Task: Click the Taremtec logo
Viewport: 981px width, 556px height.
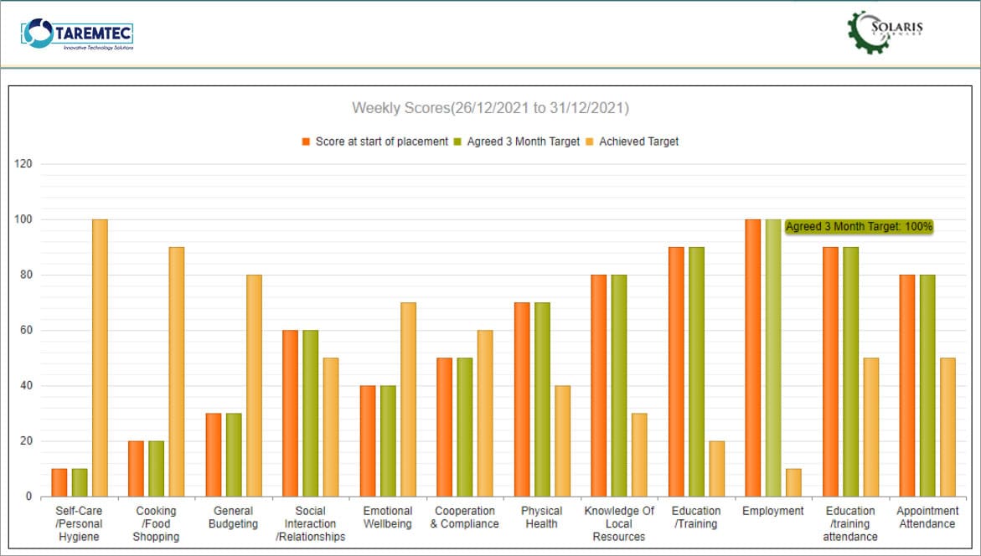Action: point(77,34)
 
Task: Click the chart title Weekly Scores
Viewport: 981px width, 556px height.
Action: point(490,108)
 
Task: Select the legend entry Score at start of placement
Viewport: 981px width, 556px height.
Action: point(374,142)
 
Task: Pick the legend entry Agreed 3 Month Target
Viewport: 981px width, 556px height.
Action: point(516,142)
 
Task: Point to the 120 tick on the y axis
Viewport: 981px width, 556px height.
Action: point(23,164)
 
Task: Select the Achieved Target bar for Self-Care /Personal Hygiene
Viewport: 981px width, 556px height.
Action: point(100,358)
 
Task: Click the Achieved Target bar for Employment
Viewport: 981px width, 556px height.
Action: point(793,482)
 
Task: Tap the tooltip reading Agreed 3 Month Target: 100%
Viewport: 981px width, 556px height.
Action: point(859,226)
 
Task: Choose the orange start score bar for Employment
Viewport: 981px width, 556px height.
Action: point(753,358)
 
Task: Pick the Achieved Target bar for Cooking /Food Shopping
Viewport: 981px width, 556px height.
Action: point(177,372)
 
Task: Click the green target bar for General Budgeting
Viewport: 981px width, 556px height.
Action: point(234,455)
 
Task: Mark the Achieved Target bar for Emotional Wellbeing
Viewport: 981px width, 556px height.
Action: point(408,399)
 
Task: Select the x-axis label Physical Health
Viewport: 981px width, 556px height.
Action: point(541,517)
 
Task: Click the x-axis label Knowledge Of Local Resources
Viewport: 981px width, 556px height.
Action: point(619,523)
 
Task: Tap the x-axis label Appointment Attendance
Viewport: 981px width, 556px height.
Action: point(927,517)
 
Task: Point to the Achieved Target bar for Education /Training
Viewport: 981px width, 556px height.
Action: point(716,469)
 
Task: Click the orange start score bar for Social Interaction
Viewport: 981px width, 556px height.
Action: point(290,413)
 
